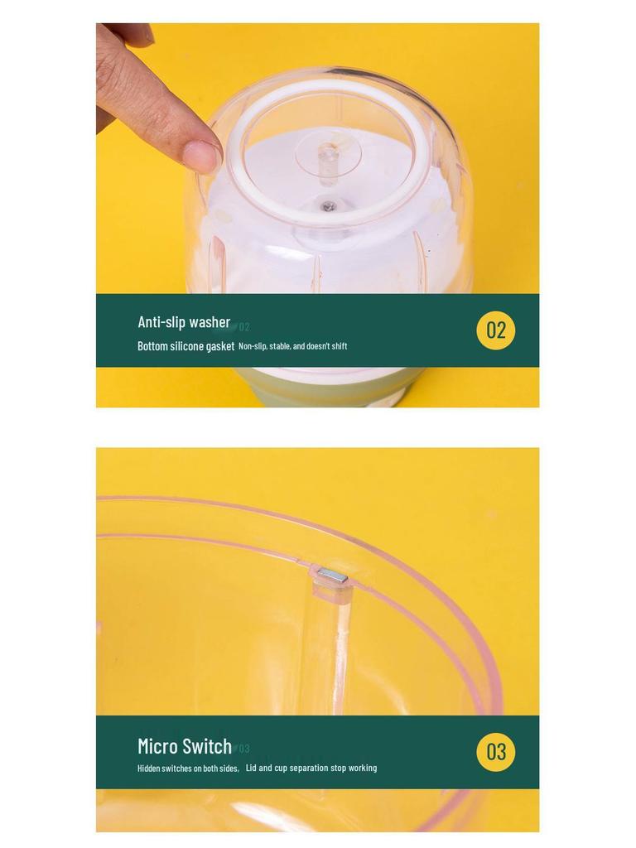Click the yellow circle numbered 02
click(495, 330)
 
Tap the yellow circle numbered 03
click(495, 752)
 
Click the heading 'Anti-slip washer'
click(184, 322)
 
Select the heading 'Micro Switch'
click(185, 746)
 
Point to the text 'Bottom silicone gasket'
click(185, 346)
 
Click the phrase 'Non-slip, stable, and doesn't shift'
click(292, 346)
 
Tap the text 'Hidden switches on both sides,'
click(188, 768)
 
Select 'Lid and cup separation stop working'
click(311, 768)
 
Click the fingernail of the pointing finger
click(201, 156)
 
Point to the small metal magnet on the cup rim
click(332, 575)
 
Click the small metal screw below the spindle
click(329, 205)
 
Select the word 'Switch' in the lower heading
click(208, 746)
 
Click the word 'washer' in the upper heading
click(210, 322)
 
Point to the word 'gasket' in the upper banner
click(220, 346)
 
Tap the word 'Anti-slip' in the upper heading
click(161, 322)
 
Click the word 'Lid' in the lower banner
click(251, 768)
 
